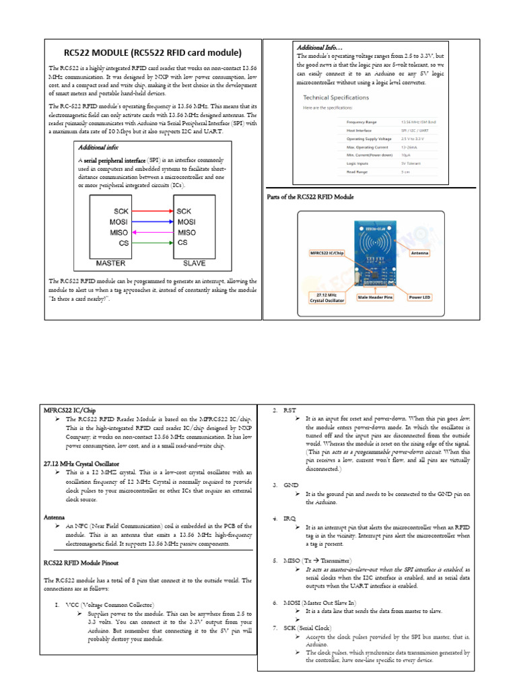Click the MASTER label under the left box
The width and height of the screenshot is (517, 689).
click(111, 263)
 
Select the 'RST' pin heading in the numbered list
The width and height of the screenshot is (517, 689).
click(289, 410)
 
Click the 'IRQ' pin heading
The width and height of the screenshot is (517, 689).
click(289, 519)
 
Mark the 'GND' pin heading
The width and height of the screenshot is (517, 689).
click(290, 485)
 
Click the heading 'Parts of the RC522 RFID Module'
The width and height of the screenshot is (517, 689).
click(310, 196)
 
